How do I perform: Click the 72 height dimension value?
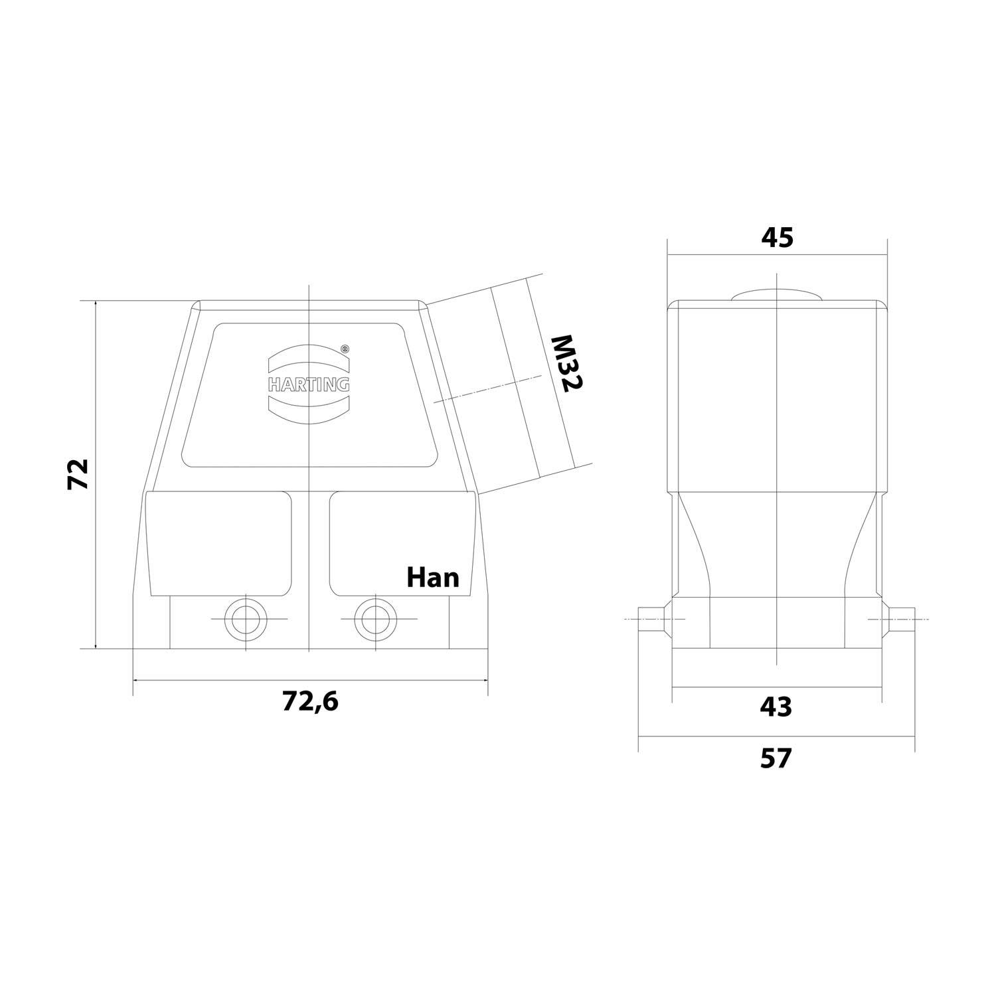pos(78,474)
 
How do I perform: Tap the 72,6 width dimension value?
pos(310,701)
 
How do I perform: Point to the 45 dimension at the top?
pos(776,237)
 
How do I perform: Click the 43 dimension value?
pos(776,707)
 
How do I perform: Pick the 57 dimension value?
pos(776,758)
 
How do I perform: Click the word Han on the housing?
pos(433,578)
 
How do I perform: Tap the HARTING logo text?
pos(309,384)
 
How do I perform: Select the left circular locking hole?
pos(246,619)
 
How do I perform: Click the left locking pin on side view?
pos(651,619)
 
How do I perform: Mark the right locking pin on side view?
pos(901,619)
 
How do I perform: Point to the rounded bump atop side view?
pos(776,296)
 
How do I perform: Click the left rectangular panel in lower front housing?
pos(220,543)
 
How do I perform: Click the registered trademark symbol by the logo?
pos(344,348)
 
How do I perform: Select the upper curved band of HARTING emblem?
pos(309,359)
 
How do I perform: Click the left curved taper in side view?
pos(694,544)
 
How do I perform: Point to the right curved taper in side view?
pos(861,544)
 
